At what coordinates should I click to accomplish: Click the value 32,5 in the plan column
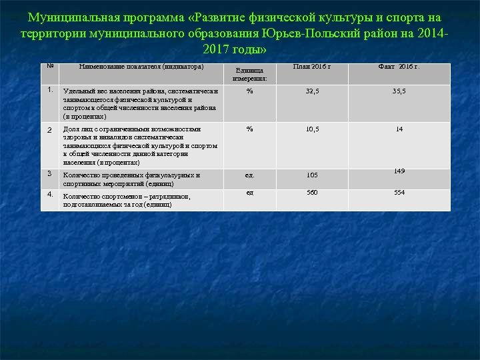pyautogui.click(x=312, y=91)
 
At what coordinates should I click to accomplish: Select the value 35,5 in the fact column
pyautogui.click(x=399, y=91)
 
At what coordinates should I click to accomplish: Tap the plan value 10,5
pyautogui.click(x=312, y=129)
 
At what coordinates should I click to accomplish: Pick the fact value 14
pyautogui.click(x=399, y=129)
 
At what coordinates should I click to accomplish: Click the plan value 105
pyautogui.click(x=312, y=175)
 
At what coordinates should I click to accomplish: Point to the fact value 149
pyautogui.click(x=399, y=171)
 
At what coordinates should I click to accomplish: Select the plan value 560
pyautogui.click(x=312, y=193)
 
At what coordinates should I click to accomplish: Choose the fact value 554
pyautogui.click(x=399, y=193)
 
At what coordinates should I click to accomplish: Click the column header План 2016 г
pyautogui.click(x=312, y=67)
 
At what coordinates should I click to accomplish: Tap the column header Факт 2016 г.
pyautogui.click(x=399, y=67)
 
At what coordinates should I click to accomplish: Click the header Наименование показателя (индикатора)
pyautogui.click(x=141, y=67)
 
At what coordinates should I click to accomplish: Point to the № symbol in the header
pyautogui.click(x=50, y=66)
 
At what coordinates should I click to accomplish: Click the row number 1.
pyautogui.click(x=50, y=89)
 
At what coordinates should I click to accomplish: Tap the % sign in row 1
pyautogui.click(x=249, y=91)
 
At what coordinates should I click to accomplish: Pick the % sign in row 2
pyautogui.click(x=249, y=129)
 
